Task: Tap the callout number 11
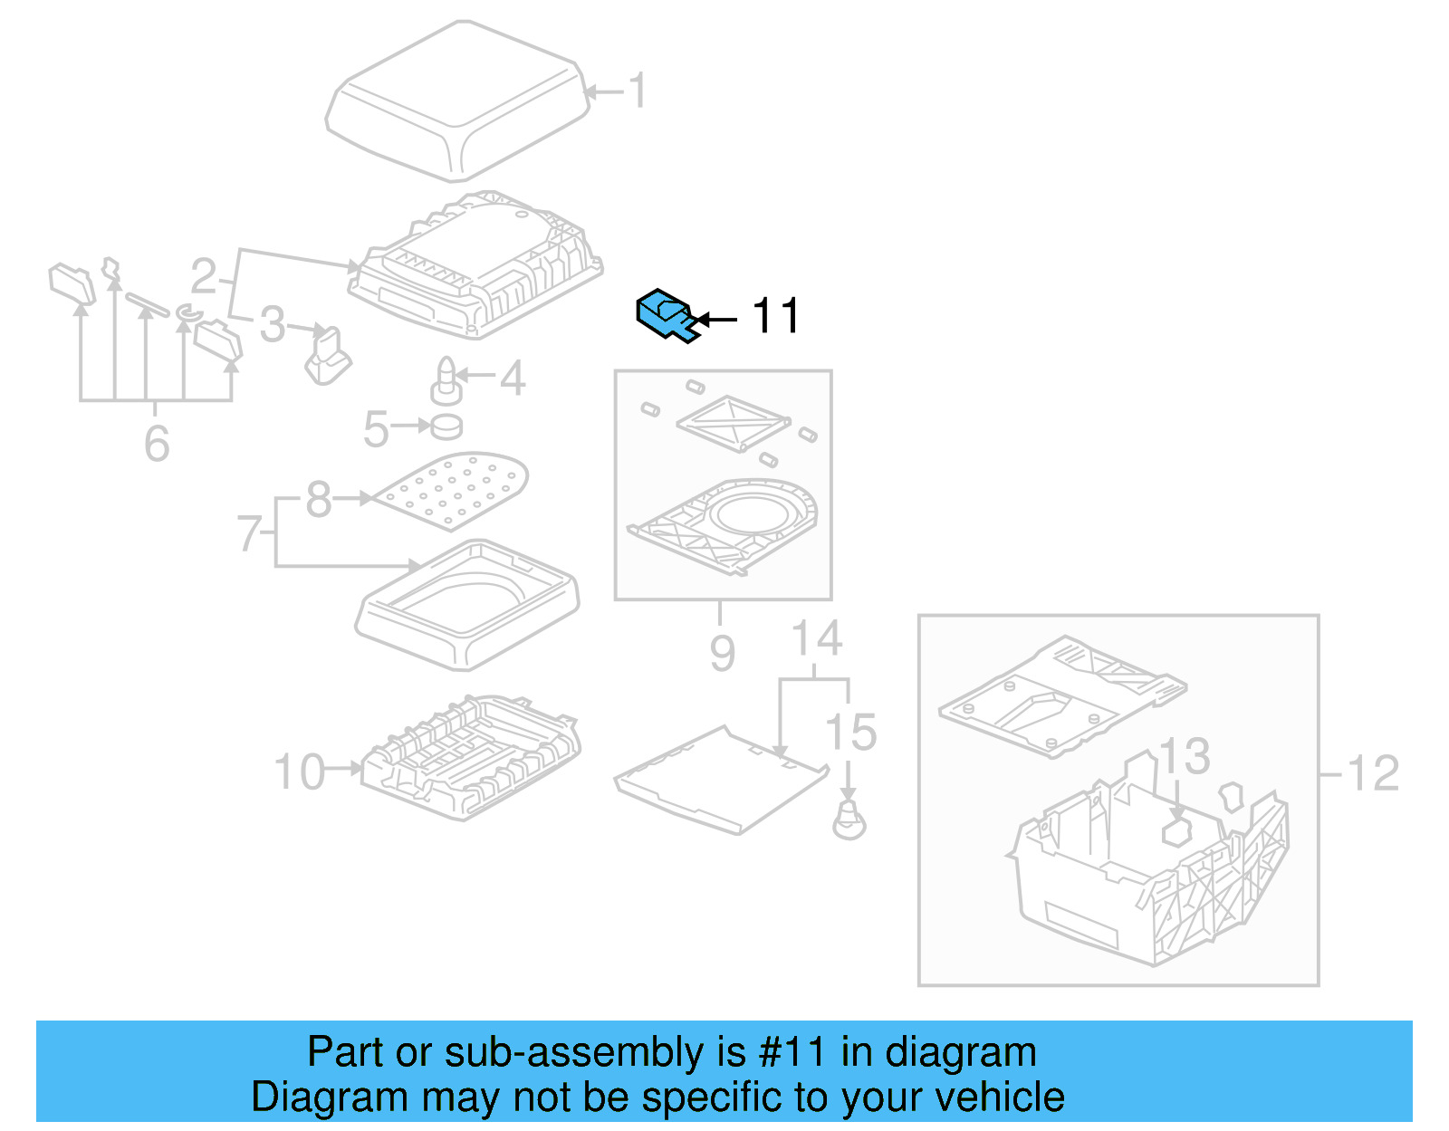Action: [x=775, y=316]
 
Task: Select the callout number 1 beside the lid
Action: [x=638, y=91]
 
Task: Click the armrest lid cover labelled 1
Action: [x=457, y=100]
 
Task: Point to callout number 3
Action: [x=272, y=324]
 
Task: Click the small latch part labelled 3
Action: [x=328, y=357]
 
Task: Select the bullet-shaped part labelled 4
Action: [x=446, y=380]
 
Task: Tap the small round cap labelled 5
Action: [x=446, y=426]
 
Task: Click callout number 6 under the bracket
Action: [x=157, y=444]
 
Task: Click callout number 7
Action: [x=250, y=533]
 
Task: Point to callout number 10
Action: [x=299, y=772]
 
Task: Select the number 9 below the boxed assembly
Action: [x=722, y=652]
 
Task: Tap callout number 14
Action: [x=817, y=638]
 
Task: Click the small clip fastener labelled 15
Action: [x=849, y=820]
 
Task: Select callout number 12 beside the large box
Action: [x=1373, y=773]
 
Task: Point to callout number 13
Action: [x=1185, y=756]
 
